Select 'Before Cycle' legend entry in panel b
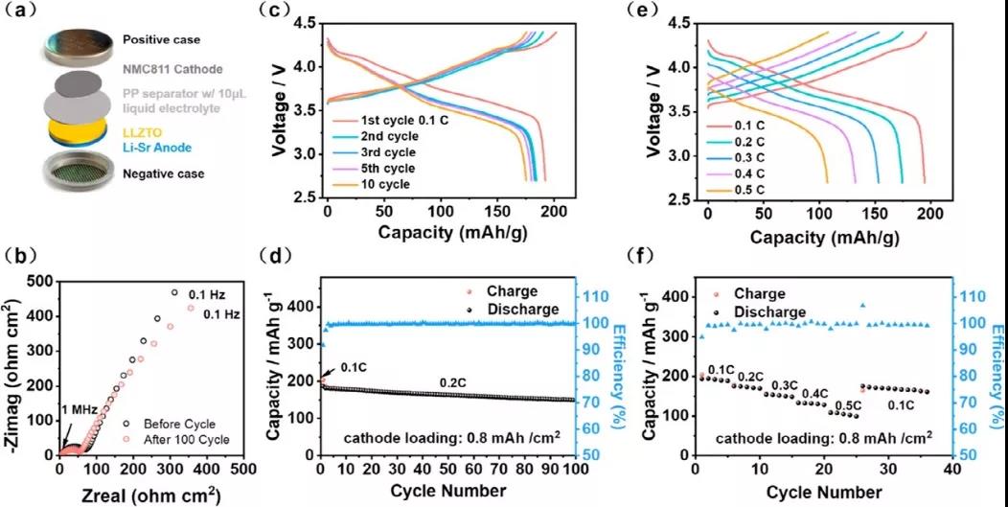click(x=178, y=424)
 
